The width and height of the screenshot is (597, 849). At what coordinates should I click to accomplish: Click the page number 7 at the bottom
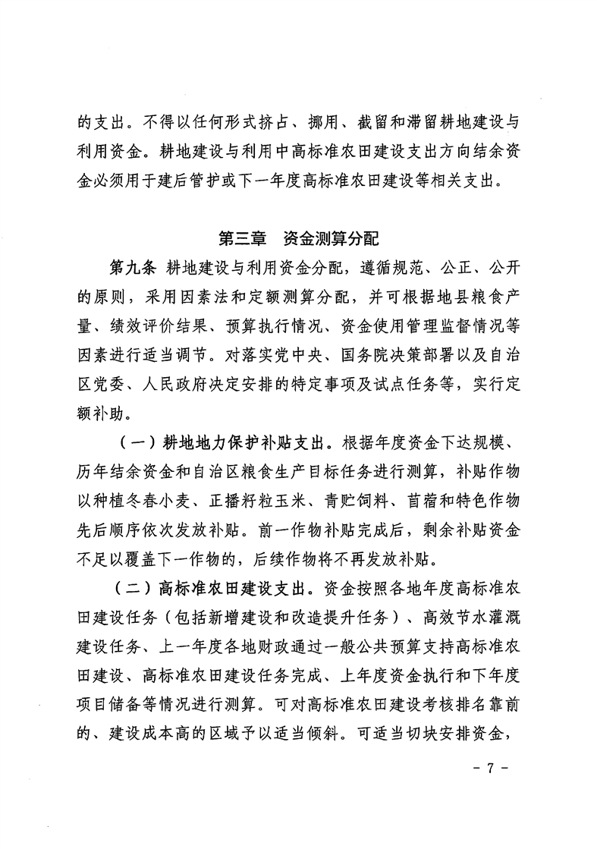pyautogui.click(x=489, y=768)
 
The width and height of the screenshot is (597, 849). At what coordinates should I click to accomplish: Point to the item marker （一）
pyautogui.click(x=140, y=442)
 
